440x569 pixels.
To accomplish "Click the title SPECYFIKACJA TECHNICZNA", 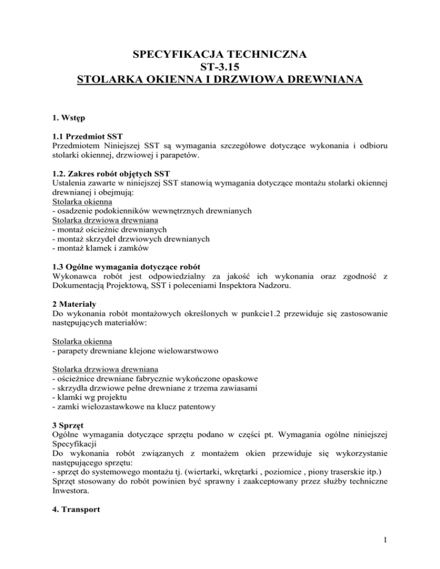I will coord(219,55).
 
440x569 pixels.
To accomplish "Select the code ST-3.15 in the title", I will coord(219,68).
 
